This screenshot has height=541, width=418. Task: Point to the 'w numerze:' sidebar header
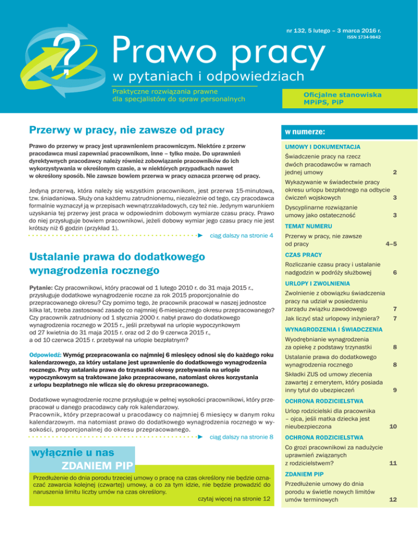(x=304, y=132)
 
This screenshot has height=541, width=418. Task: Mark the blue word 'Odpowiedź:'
(x=45, y=340)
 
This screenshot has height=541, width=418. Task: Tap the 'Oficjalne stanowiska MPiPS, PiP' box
(x=343, y=99)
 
